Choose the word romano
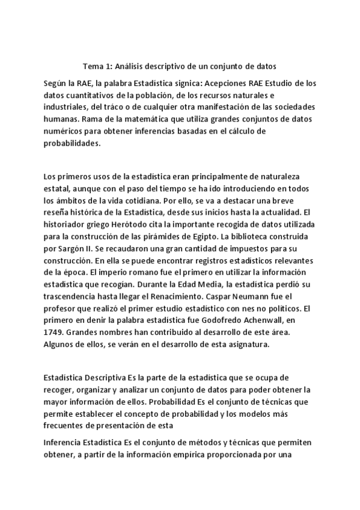[129, 269]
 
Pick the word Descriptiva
[105, 378]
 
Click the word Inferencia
[64, 443]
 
